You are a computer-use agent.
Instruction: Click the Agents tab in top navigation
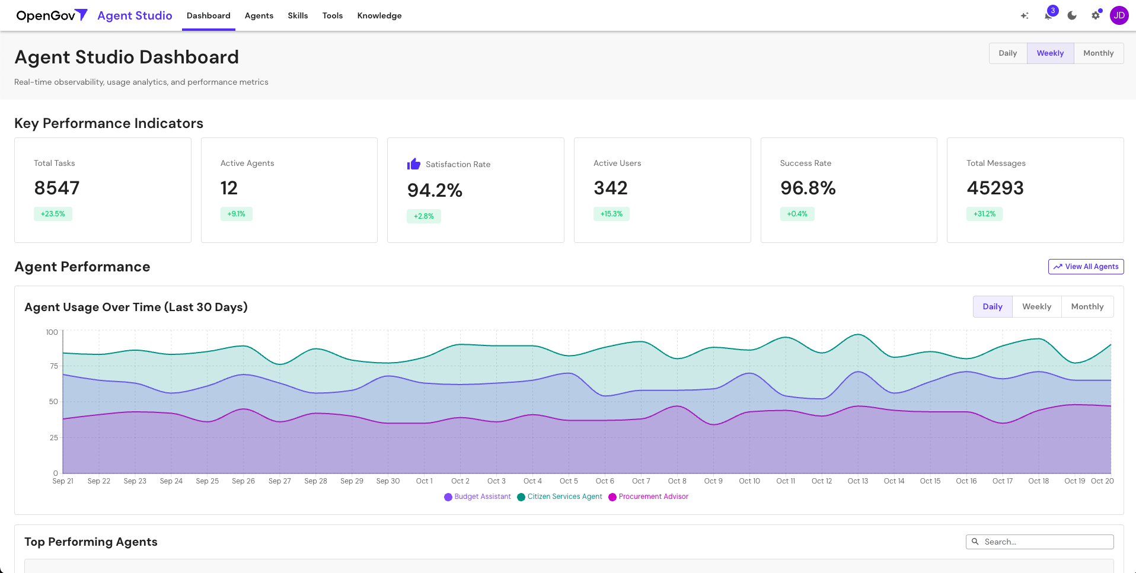259,15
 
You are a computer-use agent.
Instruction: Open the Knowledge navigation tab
379,15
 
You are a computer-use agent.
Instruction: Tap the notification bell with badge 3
1048,15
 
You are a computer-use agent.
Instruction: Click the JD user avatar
1119,15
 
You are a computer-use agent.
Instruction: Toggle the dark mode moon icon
1072,15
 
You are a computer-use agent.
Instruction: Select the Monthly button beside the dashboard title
1098,53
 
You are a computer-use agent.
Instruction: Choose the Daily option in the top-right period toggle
1007,53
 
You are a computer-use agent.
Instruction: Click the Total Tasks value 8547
57,188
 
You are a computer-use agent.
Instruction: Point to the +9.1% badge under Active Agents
236,214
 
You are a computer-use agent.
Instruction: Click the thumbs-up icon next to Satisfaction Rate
413,164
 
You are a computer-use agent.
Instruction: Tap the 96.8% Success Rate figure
808,188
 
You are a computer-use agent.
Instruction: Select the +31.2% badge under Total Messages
984,214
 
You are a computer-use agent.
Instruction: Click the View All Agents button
1086,267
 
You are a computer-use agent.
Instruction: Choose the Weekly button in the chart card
1036,307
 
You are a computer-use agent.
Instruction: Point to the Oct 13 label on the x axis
857,481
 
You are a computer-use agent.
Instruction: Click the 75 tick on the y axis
54,366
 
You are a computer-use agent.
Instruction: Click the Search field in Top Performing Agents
1044,542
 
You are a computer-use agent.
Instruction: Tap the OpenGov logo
52,15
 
